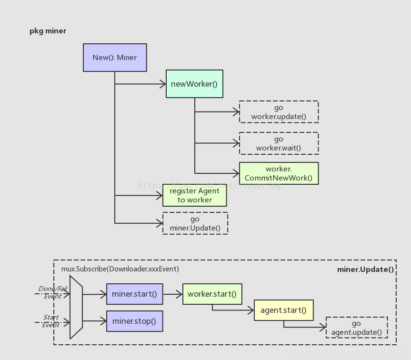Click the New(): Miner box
point(115,58)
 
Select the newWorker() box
point(194,84)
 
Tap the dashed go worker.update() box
point(279,112)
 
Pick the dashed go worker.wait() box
point(279,143)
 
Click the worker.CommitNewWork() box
point(279,173)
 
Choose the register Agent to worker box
point(194,195)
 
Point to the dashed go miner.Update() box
point(195,223)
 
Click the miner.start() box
point(134,294)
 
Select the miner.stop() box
point(134,321)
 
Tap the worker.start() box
point(212,294)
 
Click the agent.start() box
point(283,310)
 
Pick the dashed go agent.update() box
point(356,328)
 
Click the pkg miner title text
point(48,31)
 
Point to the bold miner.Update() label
point(365,269)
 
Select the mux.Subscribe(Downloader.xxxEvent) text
point(120,269)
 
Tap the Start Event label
point(51,321)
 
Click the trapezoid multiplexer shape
point(76,307)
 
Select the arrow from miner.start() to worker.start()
point(172,294)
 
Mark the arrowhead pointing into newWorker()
point(162,84)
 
